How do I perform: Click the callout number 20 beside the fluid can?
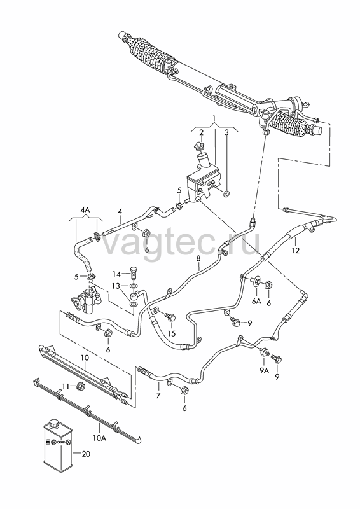[86, 454]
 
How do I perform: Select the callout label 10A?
[100, 438]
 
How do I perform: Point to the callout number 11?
[66, 386]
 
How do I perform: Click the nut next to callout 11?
[80, 386]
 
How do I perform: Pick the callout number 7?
[158, 396]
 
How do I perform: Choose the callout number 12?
[295, 250]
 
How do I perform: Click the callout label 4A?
[85, 211]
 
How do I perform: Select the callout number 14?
[116, 274]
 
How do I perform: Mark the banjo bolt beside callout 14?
[132, 273]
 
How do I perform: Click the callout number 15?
[171, 333]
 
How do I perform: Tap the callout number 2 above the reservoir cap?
[201, 132]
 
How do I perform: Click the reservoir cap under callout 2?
[199, 146]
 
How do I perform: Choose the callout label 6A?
[256, 302]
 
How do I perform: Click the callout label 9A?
[264, 371]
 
